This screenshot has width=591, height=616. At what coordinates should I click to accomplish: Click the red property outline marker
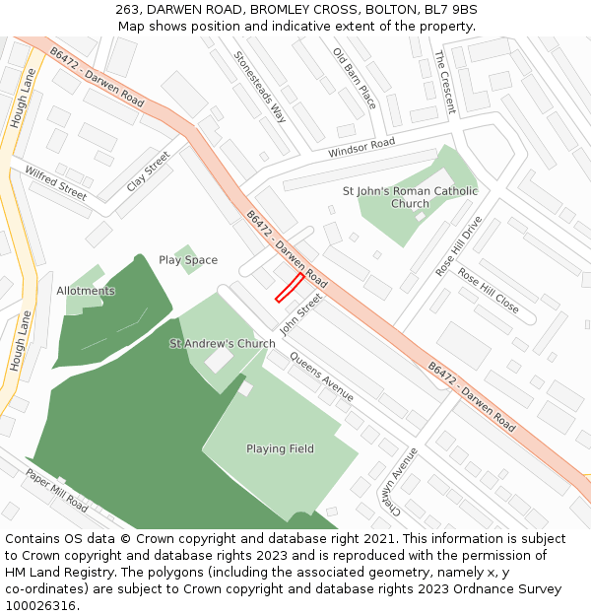pyautogui.click(x=289, y=288)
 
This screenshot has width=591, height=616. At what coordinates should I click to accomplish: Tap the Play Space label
pyautogui.click(x=188, y=260)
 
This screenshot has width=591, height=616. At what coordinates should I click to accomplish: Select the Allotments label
pyautogui.click(x=86, y=291)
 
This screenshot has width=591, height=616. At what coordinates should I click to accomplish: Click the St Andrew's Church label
pyautogui.click(x=223, y=344)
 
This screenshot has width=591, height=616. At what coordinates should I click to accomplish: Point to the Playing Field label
pyautogui.click(x=280, y=448)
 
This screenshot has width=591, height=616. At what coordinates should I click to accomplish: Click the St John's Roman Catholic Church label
pyautogui.click(x=410, y=197)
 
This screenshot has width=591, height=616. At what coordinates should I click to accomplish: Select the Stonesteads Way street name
pyautogui.click(x=260, y=88)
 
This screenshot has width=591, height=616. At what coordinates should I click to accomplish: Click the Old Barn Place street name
pyautogui.click(x=355, y=78)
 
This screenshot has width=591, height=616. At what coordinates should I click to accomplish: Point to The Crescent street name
pyautogui.click(x=444, y=82)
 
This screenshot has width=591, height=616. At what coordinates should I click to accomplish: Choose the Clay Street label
pyautogui.click(x=149, y=171)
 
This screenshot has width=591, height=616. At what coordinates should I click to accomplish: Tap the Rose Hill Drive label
pyautogui.click(x=460, y=245)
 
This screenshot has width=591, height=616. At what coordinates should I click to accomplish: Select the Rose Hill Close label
pyautogui.click(x=488, y=292)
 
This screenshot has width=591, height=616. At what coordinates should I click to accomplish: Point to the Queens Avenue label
pyautogui.click(x=321, y=376)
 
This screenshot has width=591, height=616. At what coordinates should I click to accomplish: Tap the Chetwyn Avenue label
pyautogui.click(x=404, y=481)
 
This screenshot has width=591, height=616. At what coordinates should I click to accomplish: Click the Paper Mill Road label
pyautogui.click(x=57, y=491)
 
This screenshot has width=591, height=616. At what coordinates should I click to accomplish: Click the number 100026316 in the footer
pyautogui.click(x=42, y=605)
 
